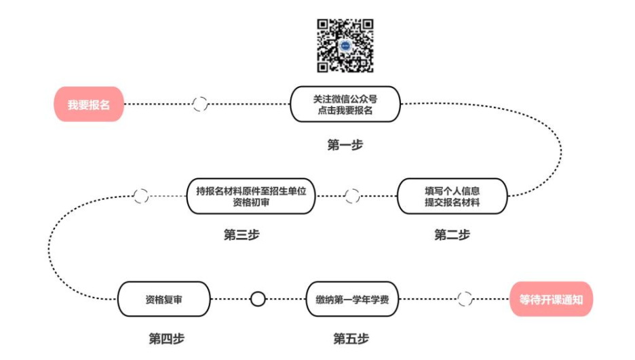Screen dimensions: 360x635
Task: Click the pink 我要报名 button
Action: tap(88, 104)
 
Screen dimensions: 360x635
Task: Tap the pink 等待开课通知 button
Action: tap(551, 299)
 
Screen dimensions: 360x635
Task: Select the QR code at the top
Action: tap(345, 45)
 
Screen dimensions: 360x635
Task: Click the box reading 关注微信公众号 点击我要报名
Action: tap(345, 104)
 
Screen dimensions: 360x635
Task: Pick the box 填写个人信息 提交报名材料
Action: tap(452, 196)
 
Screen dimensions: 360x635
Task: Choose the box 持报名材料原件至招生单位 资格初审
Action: tap(251, 196)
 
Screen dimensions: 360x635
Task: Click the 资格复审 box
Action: tap(163, 299)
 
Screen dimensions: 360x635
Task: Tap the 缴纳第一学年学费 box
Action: tap(352, 299)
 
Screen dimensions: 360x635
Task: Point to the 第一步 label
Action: tap(345, 144)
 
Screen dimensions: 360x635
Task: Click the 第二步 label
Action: tap(452, 235)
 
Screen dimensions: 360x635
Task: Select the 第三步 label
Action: tap(242, 235)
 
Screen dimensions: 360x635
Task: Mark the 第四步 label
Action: tap(166, 338)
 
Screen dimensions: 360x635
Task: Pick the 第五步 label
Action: tap(351, 338)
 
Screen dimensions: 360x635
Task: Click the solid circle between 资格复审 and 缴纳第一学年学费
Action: tap(258, 299)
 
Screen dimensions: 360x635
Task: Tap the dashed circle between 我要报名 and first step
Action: tap(200, 104)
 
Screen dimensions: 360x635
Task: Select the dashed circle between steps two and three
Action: tap(352, 196)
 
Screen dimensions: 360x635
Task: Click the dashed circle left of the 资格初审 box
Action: tap(141, 196)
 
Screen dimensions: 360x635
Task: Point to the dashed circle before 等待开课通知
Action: tap(465, 299)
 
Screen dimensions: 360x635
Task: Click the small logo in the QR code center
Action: tap(345, 45)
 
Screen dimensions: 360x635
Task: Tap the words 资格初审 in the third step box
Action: tap(251, 202)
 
